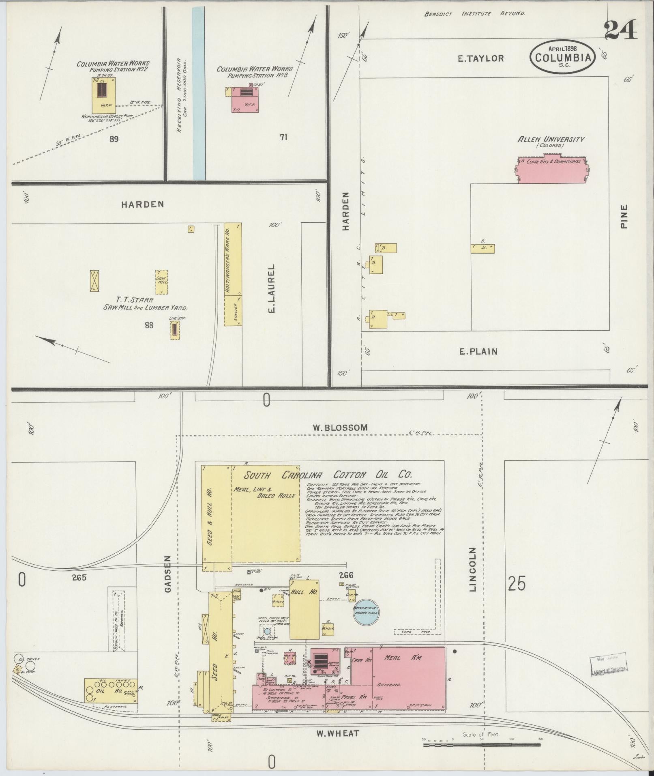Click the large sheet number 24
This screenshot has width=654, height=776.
tap(621, 30)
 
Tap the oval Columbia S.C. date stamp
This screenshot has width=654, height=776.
tap(563, 57)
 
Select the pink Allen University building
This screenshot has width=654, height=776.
tap(553, 170)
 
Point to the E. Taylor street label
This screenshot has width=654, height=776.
tap(480, 58)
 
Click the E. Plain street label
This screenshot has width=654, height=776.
tap(478, 351)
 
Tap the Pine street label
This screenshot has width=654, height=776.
tap(624, 216)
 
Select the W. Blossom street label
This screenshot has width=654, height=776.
tap(340, 428)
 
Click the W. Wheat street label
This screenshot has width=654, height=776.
tap(338, 733)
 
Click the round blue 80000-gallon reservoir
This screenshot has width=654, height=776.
tap(366, 612)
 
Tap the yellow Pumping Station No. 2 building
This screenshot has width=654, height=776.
tap(103, 95)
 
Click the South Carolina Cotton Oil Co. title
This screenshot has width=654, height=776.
tap(328, 475)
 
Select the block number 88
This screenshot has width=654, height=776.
tap(149, 325)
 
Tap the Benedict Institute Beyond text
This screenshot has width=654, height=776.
tap(474, 14)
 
